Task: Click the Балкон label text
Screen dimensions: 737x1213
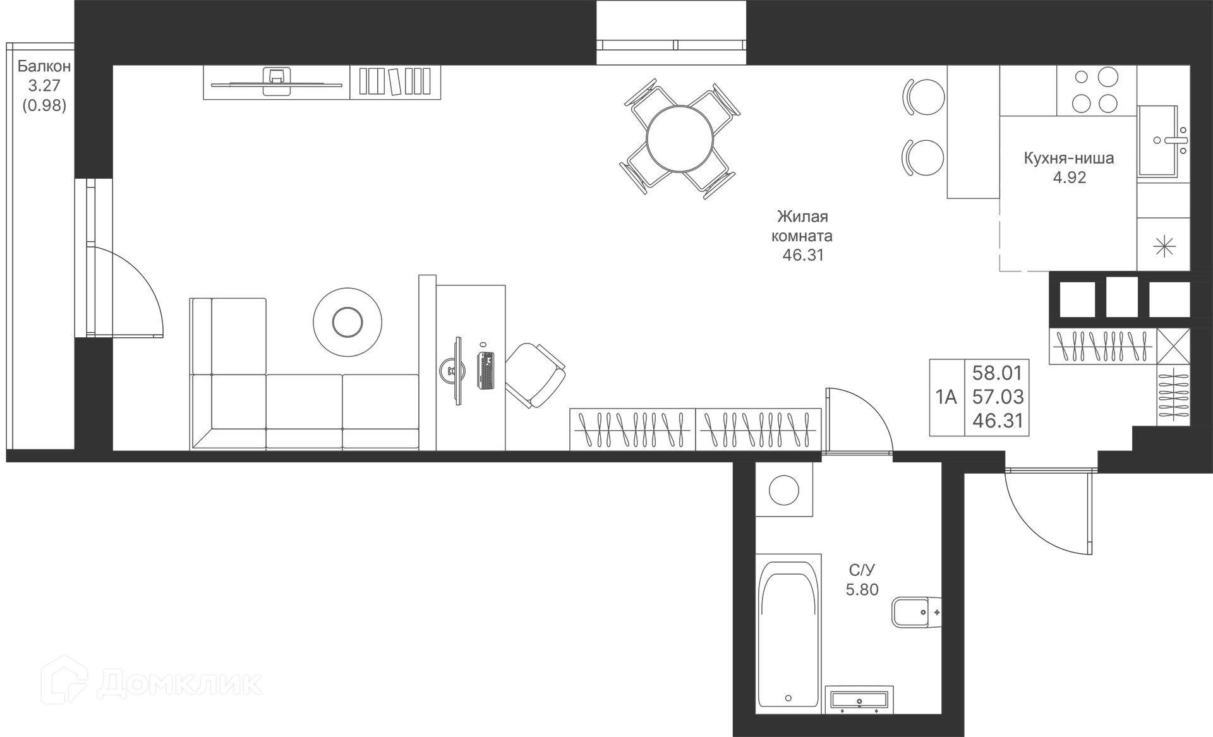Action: (44, 66)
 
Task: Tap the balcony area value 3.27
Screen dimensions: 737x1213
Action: (44, 86)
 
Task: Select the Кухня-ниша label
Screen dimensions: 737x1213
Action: (1069, 159)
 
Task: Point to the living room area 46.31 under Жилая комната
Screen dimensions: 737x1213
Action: (803, 256)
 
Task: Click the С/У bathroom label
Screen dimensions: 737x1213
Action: (862, 571)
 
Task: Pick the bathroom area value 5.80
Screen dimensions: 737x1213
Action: (862, 590)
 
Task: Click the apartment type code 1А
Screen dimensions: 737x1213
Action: (946, 397)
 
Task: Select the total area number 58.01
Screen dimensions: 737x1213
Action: (997, 373)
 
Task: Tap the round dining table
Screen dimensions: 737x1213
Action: (680, 139)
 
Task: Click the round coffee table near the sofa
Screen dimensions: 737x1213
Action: (347, 322)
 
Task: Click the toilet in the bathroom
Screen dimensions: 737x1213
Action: (915, 611)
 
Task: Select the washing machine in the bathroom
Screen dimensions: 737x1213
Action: (784, 490)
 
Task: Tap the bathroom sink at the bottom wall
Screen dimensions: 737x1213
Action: (859, 699)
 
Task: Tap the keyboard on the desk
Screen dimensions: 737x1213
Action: (486, 370)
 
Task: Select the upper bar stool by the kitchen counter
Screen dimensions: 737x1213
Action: (925, 97)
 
